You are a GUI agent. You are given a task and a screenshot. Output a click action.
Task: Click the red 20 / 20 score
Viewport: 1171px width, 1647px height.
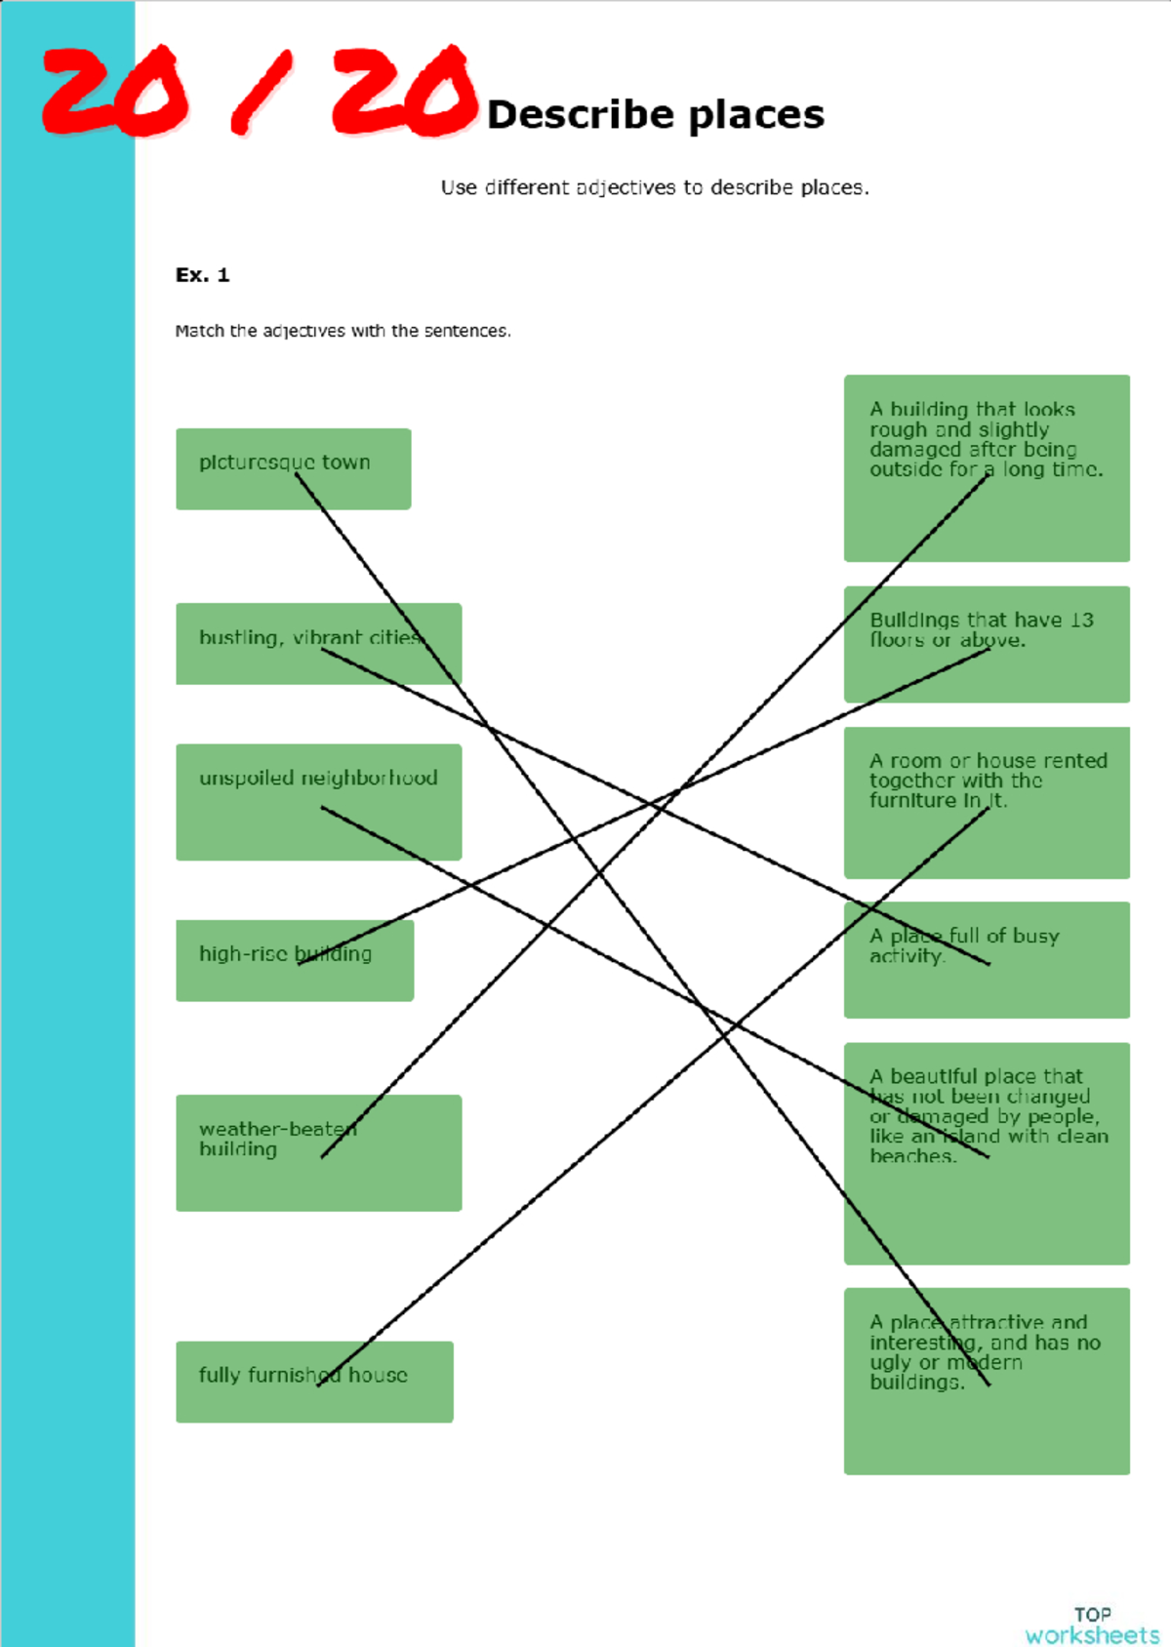[x=259, y=91]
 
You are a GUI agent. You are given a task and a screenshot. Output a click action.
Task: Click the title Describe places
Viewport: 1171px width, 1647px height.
[x=656, y=115]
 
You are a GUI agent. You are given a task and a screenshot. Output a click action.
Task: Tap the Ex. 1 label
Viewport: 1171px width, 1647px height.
[x=202, y=275]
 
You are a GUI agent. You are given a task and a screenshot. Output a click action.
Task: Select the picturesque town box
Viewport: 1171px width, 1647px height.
[x=294, y=469]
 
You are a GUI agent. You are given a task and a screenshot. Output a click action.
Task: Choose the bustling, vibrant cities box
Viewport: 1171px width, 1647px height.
[x=318, y=644]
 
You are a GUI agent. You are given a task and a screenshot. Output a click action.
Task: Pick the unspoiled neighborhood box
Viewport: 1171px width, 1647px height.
[x=318, y=802]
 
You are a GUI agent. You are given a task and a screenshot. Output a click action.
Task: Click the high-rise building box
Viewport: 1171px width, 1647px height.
[x=295, y=960]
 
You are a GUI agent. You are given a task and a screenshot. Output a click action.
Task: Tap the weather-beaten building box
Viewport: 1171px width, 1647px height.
[x=318, y=1153]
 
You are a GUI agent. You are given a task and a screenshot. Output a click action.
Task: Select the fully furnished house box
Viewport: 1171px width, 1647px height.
[x=314, y=1382]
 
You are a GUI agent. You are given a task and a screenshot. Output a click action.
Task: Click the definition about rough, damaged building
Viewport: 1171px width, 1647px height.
[x=987, y=468]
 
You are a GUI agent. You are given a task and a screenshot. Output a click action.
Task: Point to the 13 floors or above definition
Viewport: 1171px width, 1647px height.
[x=987, y=644]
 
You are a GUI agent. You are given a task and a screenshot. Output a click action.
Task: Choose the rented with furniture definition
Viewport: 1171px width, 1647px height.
[x=987, y=803]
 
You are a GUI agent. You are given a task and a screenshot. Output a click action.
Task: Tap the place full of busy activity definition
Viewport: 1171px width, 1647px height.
[x=987, y=959]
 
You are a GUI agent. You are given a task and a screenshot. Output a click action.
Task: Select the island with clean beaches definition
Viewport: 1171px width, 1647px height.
[x=987, y=1153]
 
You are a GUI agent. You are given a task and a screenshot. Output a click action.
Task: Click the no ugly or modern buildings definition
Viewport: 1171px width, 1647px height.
[x=987, y=1381]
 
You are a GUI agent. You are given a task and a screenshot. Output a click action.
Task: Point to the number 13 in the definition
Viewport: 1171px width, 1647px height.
[x=1081, y=620]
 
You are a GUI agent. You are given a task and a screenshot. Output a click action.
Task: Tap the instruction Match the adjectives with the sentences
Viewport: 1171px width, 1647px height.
[x=343, y=331]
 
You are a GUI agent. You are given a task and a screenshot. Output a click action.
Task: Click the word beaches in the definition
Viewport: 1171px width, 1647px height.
[x=912, y=1156]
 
